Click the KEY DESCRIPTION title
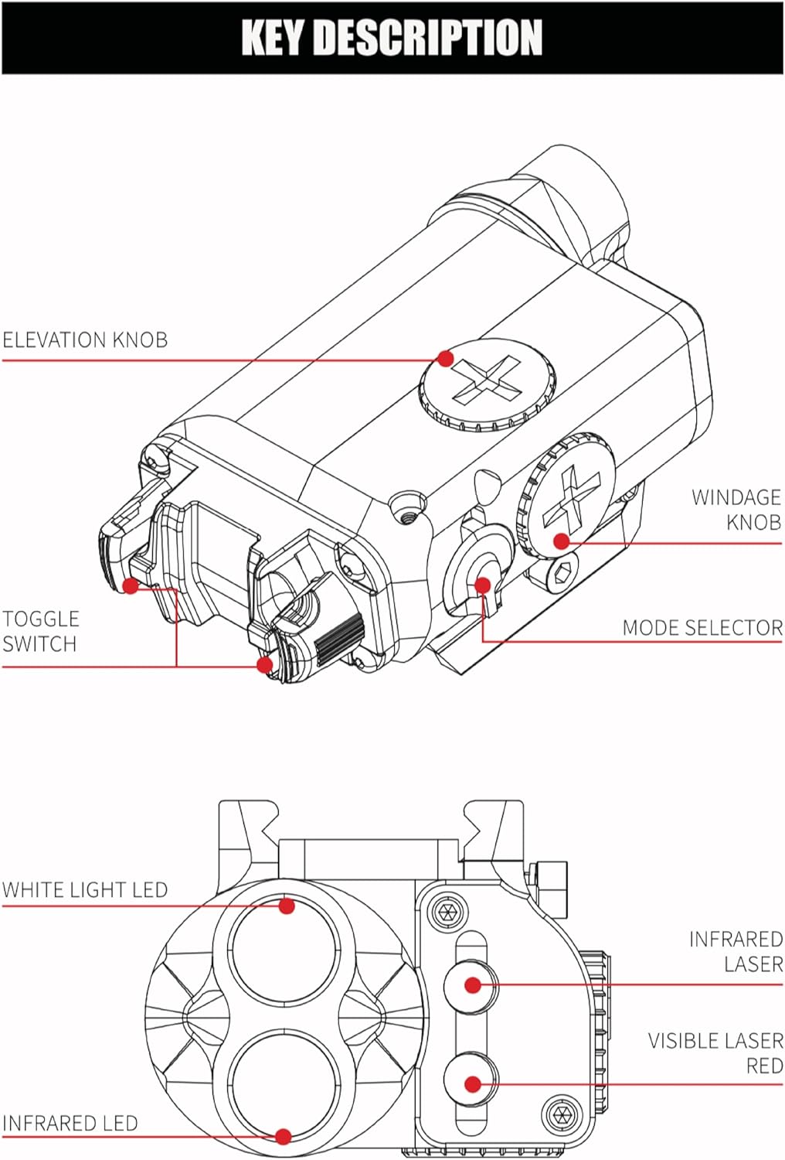pos(392,37)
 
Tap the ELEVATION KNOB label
pos(85,339)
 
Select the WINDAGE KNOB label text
pos(736,509)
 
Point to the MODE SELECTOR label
pos(702,627)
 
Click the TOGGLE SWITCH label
pos(40,631)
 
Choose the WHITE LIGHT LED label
pos(85,889)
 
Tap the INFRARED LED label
pos(70,1123)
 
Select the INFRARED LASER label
pos(736,951)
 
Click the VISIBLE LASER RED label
pos(715,1053)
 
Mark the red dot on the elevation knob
pos(445,358)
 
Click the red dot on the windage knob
pos(562,541)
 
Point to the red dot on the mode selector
pos(483,585)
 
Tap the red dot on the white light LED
pos(287,906)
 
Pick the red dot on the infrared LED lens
pos(284,1136)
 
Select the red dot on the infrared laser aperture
pos(473,985)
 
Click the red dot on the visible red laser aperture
pos(473,1084)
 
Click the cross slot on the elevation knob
pos(487,380)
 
